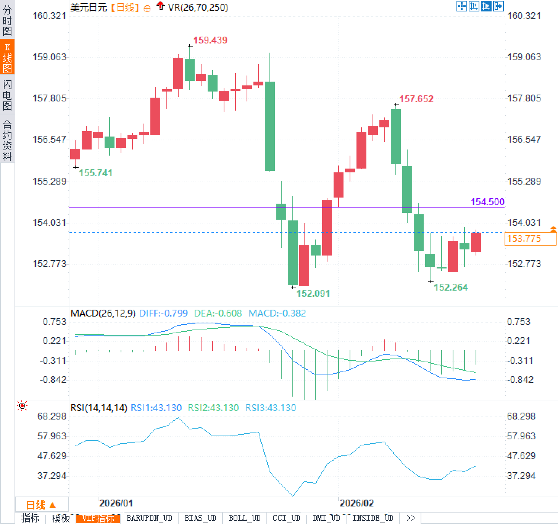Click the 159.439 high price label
pyautogui.click(x=210, y=40)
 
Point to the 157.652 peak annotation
pyautogui.click(x=416, y=99)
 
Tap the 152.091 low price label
pyautogui.click(x=313, y=293)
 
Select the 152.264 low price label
pyautogui.click(x=450, y=287)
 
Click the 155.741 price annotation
pyautogui.click(x=95, y=173)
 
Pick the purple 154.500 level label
pyautogui.click(x=487, y=202)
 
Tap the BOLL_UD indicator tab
pyautogui.click(x=244, y=518)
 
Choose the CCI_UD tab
pyautogui.click(x=286, y=518)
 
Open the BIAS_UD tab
pyautogui.click(x=200, y=518)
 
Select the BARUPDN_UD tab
pyautogui.click(x=149, y=518)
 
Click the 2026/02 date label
pyautogui.click(x=356, y=503)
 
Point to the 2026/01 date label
pyautogui.click(x=116, y=503)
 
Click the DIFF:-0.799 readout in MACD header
pyautogui.click(x=163, y=313)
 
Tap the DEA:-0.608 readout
pyautogui.click(x=218, y=313)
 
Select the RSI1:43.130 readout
pyautogui.click(x=156, y=408)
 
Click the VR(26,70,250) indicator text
pyautogui.click(x=198, y=7)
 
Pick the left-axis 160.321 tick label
pyautogui.click(x=49, y=16)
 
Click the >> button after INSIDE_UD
pyautogui.click(x=410, y=518)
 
